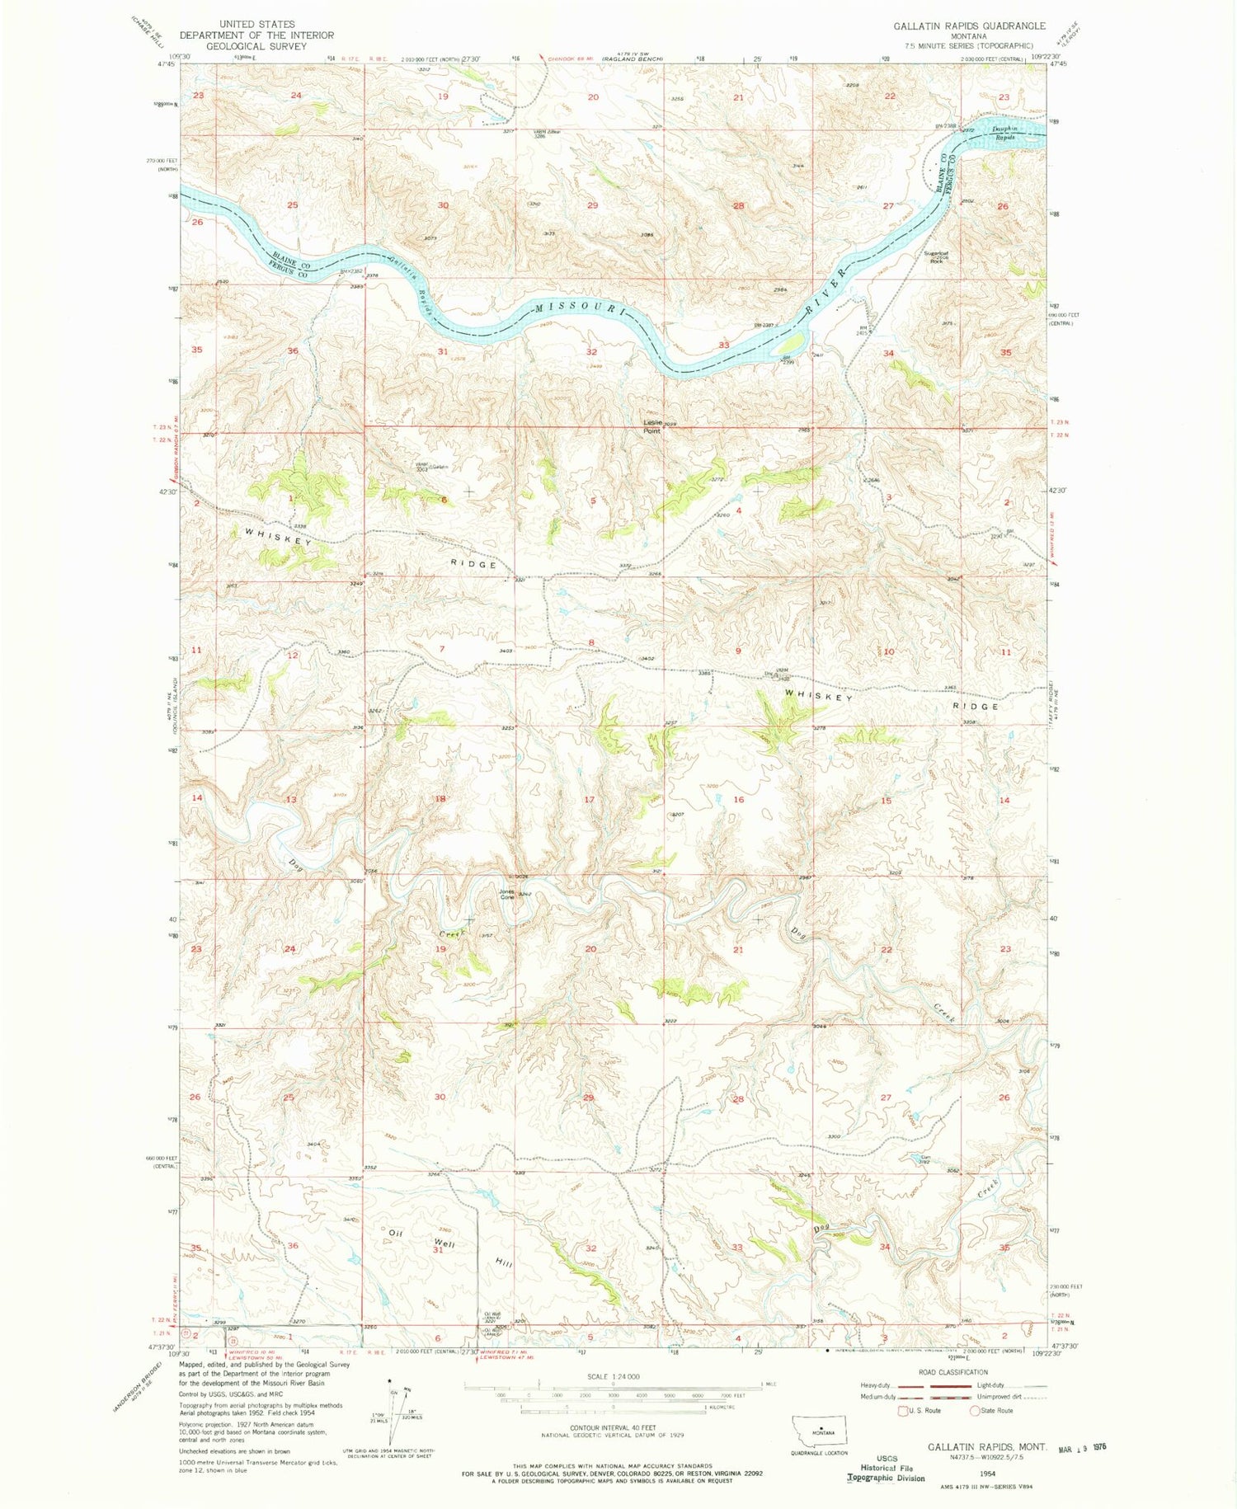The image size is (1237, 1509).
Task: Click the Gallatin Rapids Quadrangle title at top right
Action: coord(969,26)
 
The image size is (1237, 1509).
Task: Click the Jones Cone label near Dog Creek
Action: coord(507,894)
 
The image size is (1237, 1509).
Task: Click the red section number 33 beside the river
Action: coord(724,345)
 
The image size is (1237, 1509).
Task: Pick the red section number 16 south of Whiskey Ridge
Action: coord(739,800)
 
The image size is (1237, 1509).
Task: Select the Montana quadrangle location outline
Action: coord(824,1427)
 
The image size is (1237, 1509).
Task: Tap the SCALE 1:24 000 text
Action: coord(613,1376)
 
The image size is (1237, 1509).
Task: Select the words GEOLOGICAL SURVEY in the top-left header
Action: coord(245,46)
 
